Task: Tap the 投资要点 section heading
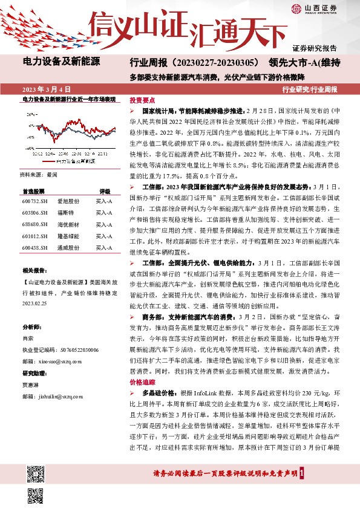pos(143,101)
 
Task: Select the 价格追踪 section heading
pos(143,383)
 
